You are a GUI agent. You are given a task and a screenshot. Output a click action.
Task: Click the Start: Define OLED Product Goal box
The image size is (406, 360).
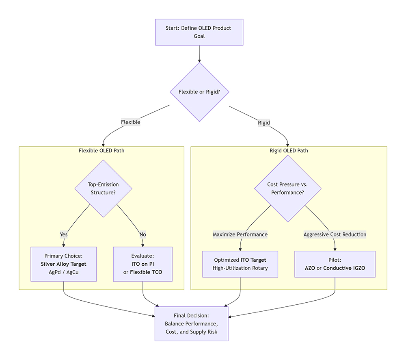[199, 32]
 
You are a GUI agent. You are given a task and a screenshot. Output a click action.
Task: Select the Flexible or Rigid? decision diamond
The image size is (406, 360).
[199, 92]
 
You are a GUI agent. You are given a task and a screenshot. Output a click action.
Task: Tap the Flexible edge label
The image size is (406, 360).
[130, 122]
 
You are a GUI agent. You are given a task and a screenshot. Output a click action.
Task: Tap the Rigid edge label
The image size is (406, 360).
[264, 122]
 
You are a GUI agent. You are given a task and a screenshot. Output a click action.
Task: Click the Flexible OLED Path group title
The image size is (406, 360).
[101, 151]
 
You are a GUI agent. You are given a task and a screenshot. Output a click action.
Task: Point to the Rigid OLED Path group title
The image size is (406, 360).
[289, 151]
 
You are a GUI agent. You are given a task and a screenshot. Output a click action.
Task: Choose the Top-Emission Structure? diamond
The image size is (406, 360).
[104, 188]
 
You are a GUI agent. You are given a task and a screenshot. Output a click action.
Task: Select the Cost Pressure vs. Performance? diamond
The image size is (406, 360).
[287, 188]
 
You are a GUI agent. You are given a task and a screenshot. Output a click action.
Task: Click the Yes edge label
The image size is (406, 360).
[64, 234]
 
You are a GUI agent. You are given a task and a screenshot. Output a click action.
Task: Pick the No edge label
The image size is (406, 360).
[143, 234]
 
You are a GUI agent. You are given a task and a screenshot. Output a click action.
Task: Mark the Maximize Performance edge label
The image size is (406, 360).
[240, 234]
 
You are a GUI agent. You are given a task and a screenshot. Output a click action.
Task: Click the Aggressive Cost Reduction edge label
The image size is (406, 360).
[335, 234]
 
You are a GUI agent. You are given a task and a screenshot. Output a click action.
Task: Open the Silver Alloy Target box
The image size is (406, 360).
[63, 264]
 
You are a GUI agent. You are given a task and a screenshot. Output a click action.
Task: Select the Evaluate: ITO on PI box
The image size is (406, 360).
[143, 264]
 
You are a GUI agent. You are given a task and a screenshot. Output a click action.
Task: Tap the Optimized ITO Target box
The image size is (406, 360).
[240, 264]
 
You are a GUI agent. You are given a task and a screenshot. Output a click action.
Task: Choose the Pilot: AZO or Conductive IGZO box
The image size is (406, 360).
[335, 264]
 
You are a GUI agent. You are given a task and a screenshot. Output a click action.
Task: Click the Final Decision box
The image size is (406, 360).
[191, 324]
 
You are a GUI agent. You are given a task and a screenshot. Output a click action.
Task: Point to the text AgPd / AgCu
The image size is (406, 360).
[63, 272]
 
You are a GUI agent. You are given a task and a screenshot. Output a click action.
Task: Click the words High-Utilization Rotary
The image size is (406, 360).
[240, 268]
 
